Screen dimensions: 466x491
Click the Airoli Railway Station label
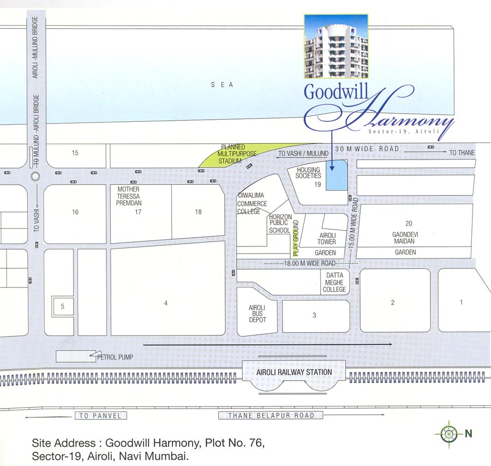coord(294,373)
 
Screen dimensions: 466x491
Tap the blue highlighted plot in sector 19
coord(337,176)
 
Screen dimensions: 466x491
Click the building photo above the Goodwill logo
coord(336,46)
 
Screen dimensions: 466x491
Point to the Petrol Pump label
coord(115,358)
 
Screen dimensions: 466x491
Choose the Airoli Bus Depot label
coord(258,314)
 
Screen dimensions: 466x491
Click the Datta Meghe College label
coord(334,282)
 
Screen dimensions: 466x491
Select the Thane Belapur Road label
coord(271,416)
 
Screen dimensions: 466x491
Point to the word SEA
coord(223,85)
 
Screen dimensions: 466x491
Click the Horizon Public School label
coord(280,223)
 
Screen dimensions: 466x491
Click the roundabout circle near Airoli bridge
coord(35,176)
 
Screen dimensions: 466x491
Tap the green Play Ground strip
coord(297,239)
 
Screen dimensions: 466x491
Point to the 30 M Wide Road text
coord(367,149)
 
